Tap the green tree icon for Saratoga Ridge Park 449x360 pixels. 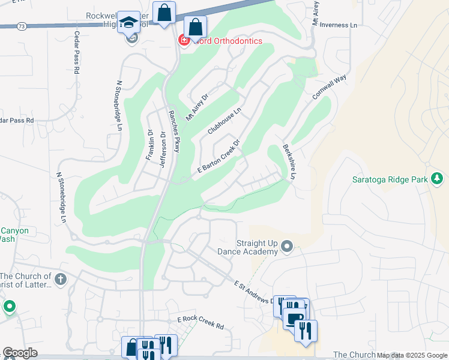tap(438, 178)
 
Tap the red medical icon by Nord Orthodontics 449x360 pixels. tap(184, 40)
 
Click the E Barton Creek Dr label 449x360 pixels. tap(218, 158)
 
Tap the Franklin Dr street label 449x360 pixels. tap(149, 144)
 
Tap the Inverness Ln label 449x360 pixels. tap(338, 25)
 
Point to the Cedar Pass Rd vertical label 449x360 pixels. tap(77, 52)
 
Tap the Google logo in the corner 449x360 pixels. tap(20, 352)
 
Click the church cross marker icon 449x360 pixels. tap(60, 279)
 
